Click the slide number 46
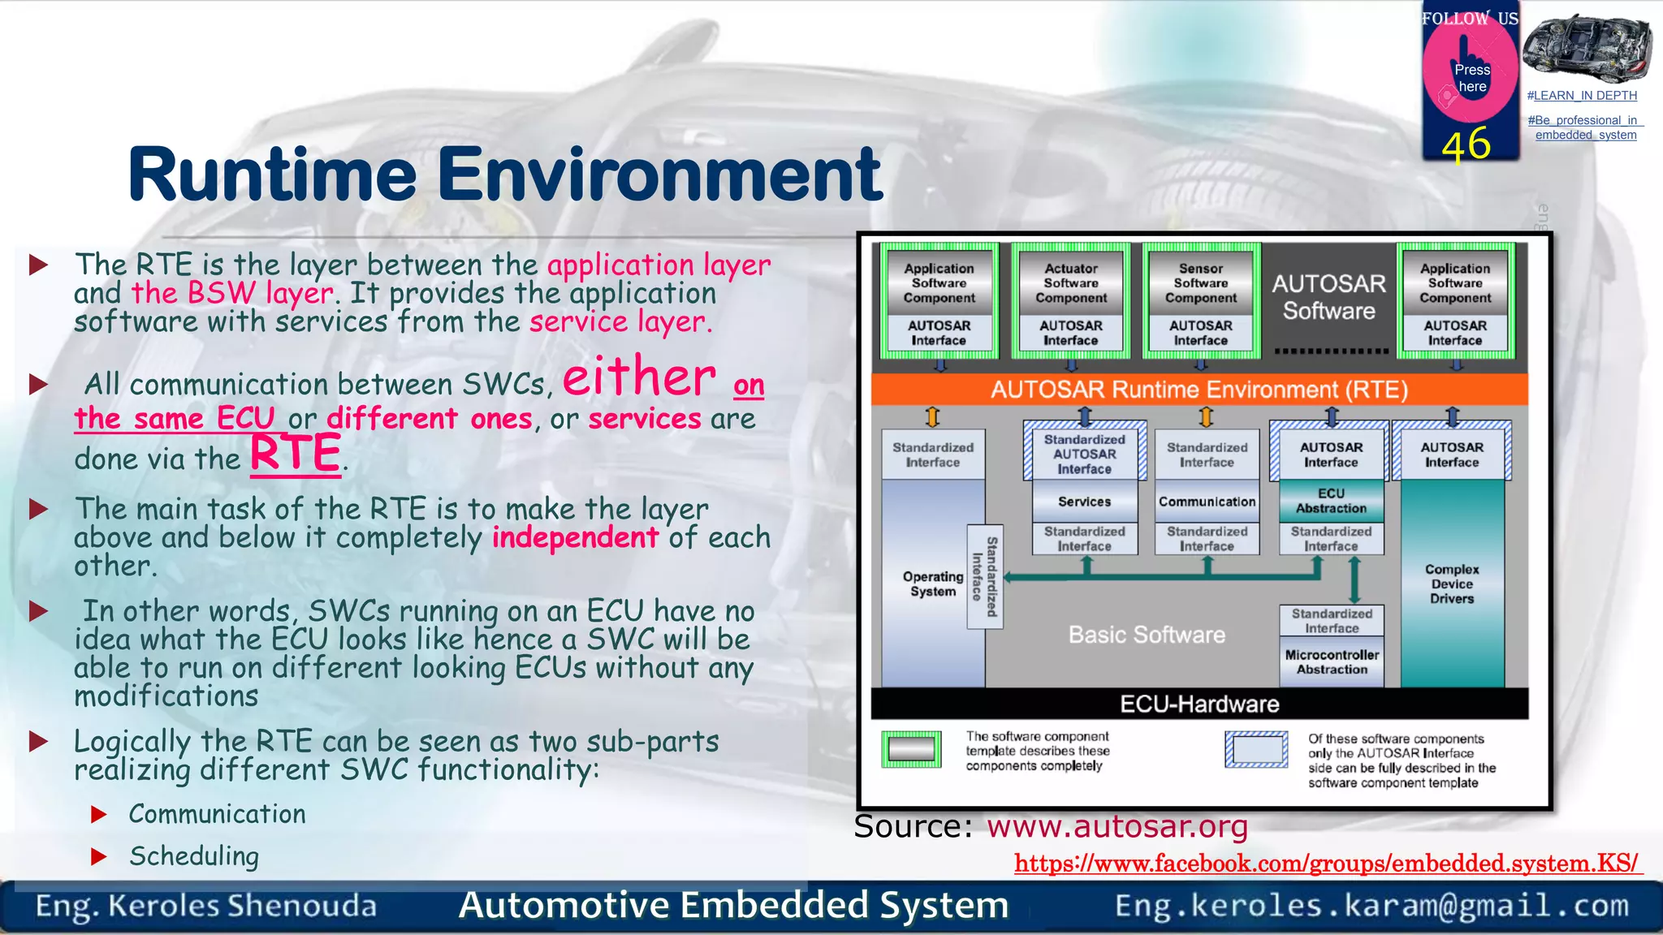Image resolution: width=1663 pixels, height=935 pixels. tap(1466, 144)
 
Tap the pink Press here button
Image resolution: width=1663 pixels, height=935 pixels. tap(1471, 78)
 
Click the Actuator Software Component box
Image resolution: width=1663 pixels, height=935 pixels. tap(1070, 283)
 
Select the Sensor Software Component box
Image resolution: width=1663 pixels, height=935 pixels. tap(1200, 283)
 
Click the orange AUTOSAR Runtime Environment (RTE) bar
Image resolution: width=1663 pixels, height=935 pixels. tap(1199, 390)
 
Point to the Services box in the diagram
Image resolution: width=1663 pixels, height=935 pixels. tap(1084, 502)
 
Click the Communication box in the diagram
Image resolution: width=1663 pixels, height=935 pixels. tap(1207, 502)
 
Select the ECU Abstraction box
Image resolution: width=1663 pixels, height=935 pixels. tap(1331, 501)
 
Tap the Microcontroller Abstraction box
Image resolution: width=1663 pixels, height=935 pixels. tap(1332, 662)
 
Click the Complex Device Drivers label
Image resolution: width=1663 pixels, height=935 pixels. tap(1452, 584)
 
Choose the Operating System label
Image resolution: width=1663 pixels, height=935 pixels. tap(932, 584)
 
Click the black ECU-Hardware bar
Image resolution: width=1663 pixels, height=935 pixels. tap(1199, 704)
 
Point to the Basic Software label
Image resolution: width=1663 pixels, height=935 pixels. tap(1147, 635)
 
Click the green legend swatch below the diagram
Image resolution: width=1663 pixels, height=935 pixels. tap(911, 749)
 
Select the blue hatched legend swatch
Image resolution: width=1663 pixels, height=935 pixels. tap(1256, 749)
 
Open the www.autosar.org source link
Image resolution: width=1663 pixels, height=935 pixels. tap(1117, 827)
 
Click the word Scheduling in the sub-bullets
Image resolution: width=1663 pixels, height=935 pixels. tap(194, 856)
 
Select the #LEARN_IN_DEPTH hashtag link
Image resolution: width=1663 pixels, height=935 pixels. tap(1581, 96)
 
